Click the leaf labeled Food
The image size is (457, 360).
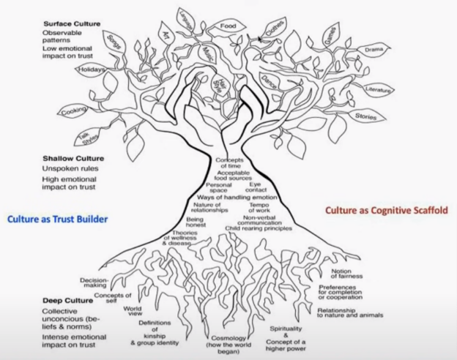pos(225,27)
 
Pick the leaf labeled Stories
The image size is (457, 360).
pos(365,116)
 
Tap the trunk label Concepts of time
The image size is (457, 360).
pos(233,163)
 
